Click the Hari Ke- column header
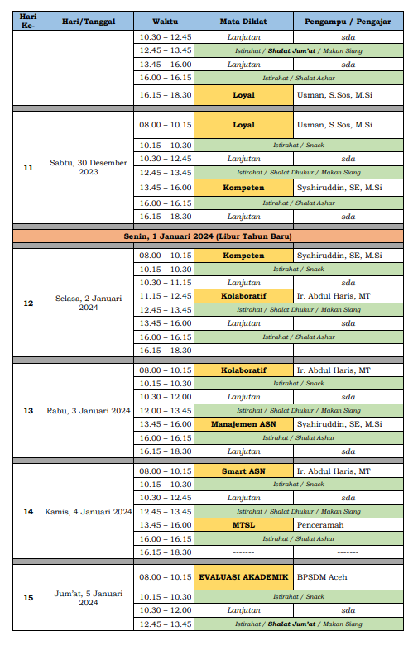pos(27,19)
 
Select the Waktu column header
pos(164,19)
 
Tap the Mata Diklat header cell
pos(243,19)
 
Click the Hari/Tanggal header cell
pos(89,19)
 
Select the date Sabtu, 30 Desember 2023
pos(89,167)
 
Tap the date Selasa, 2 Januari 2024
pos(89,302)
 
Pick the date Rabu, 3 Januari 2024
pos(89,410)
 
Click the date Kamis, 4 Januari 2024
pos(89,511)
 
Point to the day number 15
pos(27,597)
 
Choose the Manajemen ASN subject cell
pos(243,424)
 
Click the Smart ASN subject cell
pos(243,471)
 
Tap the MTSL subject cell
pos(243,525)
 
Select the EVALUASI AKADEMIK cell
pos(243,577)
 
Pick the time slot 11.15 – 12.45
pos(164,296)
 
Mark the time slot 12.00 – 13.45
pos(164,410)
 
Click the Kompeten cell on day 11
pos(243,188)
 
